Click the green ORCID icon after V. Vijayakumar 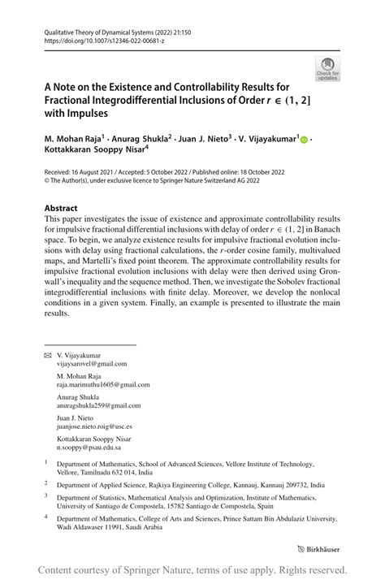(305, 140)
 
